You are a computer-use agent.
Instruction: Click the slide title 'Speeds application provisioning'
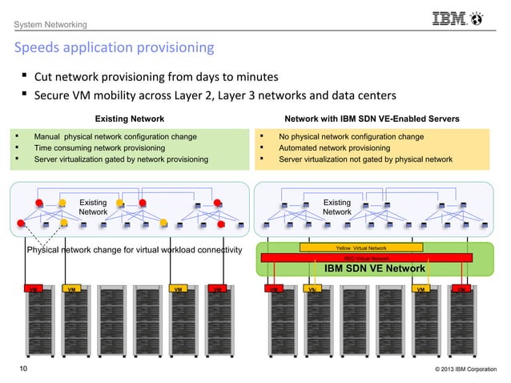(x=113, y=47)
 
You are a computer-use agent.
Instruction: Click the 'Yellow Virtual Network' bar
(x=360, y=248)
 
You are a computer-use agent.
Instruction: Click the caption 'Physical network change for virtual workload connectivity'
(x=134, y=250)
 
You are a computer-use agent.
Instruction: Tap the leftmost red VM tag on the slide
(x=34, y=288)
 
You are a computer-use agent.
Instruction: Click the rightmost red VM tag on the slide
(x=460, y=288)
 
